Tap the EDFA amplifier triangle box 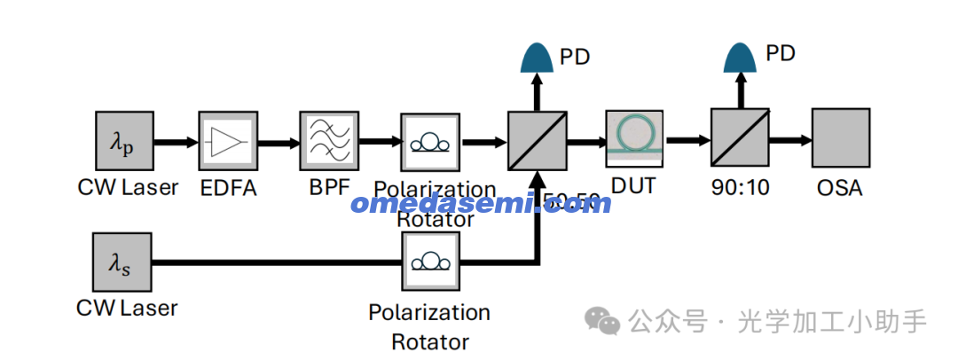(x=228, y=141)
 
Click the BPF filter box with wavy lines (x=329, y=141)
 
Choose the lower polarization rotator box (x=430, y=262)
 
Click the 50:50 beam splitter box (x=537, y=141)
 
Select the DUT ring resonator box (x=635, y=137)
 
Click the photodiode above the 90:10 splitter (x=741, y=57)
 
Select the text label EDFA (x=228, y=188)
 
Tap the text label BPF (x=328, y=188)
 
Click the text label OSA (x=838, y=188)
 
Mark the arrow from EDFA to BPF (x=279, y=142)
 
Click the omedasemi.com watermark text (x=481, y=203)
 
